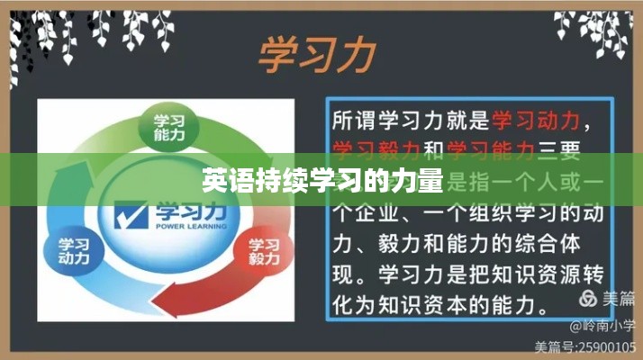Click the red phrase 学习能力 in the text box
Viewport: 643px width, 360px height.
pyautogui.click(x=491, y=148)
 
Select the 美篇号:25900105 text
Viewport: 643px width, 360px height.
pyautogui.click(x=585, y=346)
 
